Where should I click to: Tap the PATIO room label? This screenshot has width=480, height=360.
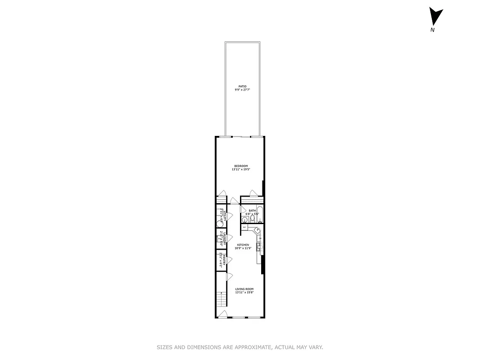(242, 86)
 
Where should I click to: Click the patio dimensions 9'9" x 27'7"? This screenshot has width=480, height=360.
(242, 90)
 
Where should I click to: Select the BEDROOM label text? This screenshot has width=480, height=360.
(241, 166)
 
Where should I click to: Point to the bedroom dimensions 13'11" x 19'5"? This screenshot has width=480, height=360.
(241, 170)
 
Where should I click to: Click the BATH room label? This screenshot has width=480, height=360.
(252, 210)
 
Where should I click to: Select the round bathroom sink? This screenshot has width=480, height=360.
(245, 220)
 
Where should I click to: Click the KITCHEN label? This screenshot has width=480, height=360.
(243, 245)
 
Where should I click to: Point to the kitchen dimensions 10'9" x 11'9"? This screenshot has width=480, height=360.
(243, 248)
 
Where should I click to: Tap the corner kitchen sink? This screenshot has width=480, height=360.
(258, 230)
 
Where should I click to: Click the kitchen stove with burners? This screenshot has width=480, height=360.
(259, 246)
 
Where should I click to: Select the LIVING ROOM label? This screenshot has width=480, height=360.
(244, 289)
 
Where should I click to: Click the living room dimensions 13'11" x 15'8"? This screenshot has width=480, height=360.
(244, 292)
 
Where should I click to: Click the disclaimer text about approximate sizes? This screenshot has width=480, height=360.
(240, 347)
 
